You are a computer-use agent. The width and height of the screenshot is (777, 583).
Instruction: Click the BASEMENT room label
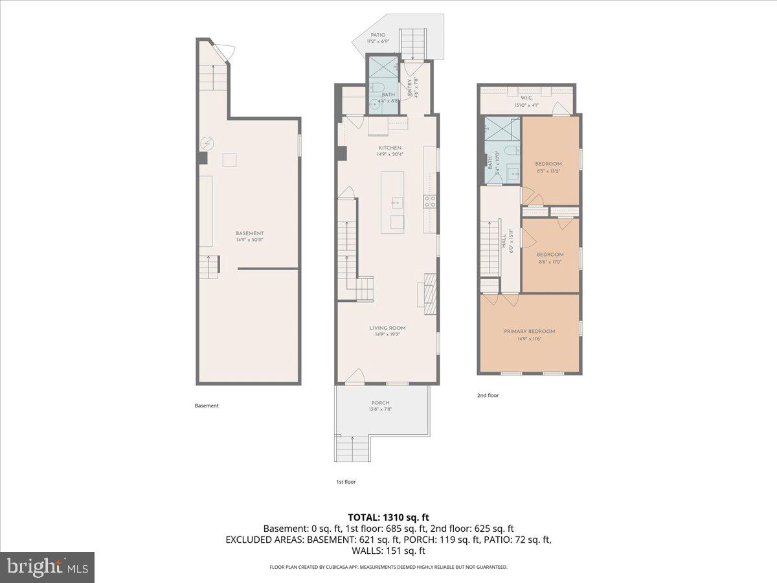pos(249,233)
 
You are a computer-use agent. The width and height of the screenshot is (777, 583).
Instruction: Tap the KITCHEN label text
pos(390,148)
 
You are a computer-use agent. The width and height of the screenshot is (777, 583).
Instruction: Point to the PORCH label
pos(381,403)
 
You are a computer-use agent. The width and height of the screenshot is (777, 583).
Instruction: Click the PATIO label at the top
pos(378,35)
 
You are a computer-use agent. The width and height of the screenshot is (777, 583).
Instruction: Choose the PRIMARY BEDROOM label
pos(529,331)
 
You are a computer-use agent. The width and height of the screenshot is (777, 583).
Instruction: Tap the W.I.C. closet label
pos(526,98)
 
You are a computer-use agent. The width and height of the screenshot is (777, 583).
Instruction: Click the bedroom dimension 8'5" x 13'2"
pos(548,172)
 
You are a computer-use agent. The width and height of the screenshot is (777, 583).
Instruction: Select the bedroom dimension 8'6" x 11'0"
pos(550,262)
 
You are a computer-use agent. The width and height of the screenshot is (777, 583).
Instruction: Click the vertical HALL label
pos(504,242)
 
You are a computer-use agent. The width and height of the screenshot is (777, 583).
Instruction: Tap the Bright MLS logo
pos(47,567)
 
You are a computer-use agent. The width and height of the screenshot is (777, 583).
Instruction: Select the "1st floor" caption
pos(345,482)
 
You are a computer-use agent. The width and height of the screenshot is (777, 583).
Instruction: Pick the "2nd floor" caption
pos(488,395)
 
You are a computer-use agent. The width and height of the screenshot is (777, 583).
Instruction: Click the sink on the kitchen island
pos(396,202)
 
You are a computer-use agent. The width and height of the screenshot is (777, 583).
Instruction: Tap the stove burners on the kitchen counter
pos(429,201)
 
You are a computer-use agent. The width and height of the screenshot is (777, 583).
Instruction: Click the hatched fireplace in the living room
pos(431,289)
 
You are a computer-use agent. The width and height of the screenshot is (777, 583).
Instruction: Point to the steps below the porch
pos(352,448)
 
